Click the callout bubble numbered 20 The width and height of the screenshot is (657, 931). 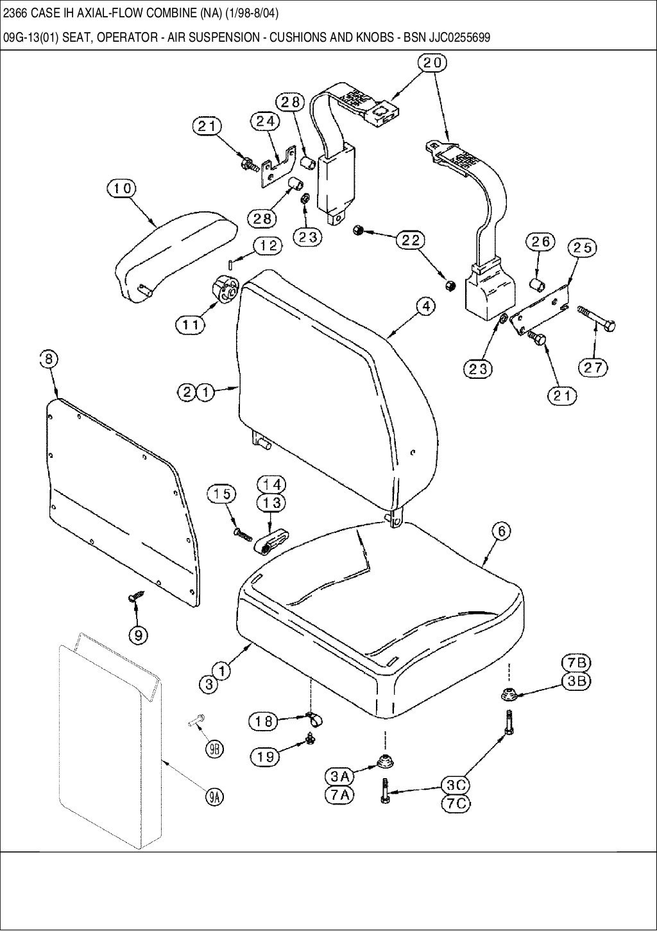tap(434, 63)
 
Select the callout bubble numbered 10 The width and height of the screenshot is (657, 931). tap(122, 188)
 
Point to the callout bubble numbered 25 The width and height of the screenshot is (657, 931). tap(581, 248)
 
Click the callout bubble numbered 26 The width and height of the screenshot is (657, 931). tap(540, 242)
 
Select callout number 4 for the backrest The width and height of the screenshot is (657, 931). tap(425, 307)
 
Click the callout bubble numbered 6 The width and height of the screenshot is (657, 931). tap(502, 531)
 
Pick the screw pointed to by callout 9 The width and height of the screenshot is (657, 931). tap(134, 598)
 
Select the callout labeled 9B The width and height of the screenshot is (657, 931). tap(214, 748)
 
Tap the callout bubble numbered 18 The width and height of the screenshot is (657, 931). tap(264, 722)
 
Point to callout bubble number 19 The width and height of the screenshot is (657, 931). tap(265, 756)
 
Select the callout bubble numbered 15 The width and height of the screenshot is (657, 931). tap(221, 494)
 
